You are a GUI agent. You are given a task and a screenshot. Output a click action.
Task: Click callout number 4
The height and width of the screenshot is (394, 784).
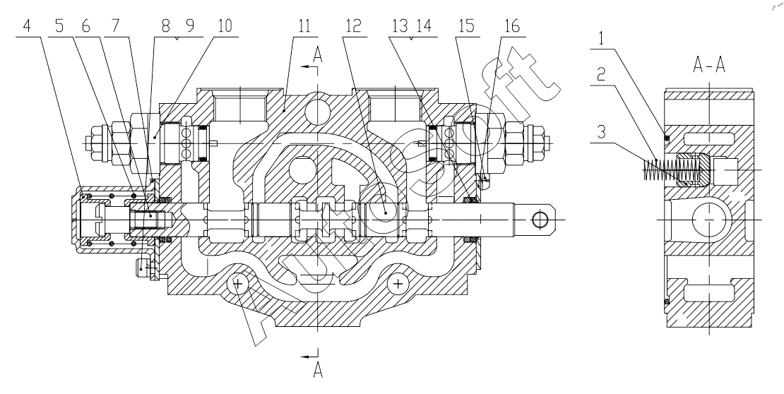27,26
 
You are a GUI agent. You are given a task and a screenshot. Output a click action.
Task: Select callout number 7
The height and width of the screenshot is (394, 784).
116,26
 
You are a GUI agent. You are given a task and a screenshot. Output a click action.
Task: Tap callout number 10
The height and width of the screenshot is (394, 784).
225,26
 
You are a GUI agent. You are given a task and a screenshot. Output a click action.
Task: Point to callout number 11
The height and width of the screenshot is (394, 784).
304,26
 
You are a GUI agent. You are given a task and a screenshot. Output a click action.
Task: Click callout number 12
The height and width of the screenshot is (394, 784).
353,26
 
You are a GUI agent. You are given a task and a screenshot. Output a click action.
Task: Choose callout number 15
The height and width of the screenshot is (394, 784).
466,26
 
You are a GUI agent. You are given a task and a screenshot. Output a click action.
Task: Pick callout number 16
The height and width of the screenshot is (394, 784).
512,26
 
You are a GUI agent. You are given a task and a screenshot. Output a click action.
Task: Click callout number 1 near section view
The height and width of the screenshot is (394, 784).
602,39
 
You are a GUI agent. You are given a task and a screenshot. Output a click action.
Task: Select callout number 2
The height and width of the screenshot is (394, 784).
602,75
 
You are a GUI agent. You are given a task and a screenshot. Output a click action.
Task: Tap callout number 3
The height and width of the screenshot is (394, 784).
602,132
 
